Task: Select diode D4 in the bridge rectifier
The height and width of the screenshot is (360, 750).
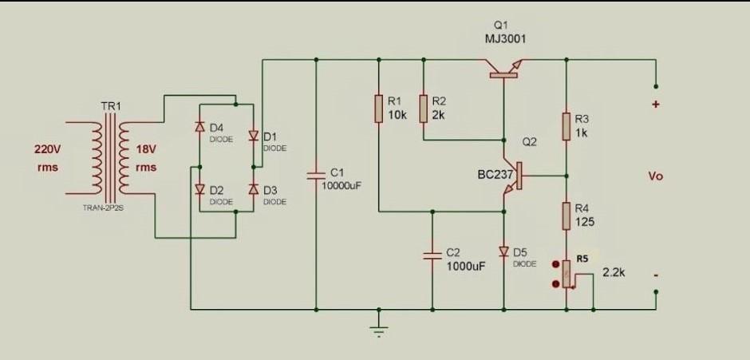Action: pyautogui.click(x=199, y=129)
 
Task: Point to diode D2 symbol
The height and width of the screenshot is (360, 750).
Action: pyautogui.click(x=199, y=189)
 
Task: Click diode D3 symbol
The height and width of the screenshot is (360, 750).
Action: pyautogui.click(x=252, y=189)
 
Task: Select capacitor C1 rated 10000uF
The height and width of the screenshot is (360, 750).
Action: pyautogui.click(x=317, y=176)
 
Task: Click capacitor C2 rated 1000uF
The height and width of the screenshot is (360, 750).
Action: pyautogui.click(x=432, y=255)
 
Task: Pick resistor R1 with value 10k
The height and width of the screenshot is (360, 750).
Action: pyautogui.click(x=379, y=109)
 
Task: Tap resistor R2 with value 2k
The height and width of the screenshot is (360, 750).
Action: pyautogui.click(x=423, y=109)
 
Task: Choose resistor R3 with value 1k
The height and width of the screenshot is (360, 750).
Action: pyautogui.click(x=566, y=125)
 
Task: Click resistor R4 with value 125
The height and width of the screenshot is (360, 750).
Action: pyautogui.click(x=566, y=215)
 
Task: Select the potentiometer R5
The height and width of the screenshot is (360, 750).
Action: pyautogui.click(x=566, y=274)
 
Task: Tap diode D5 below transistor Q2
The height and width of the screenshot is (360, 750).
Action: pyautogui.click(x=503, y=251)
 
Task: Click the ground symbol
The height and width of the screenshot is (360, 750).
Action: pyautogui.click(x=379, y=329)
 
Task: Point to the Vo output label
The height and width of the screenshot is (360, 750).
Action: pyautogui.click(x=655, y=176)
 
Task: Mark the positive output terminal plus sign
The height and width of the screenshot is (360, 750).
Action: pyautogui.click(x=655, y=105)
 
